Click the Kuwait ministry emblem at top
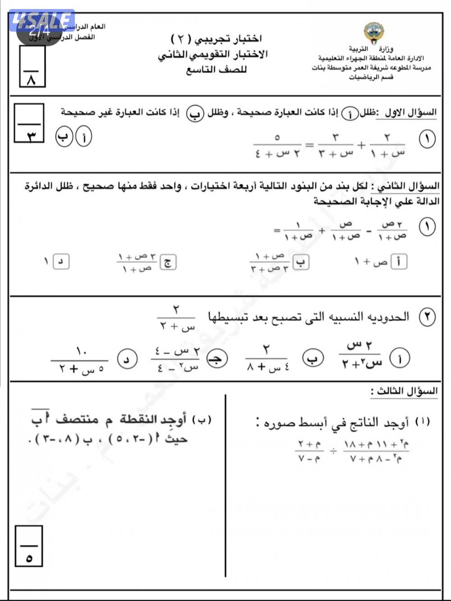coord(373,33)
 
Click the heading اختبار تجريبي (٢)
coord(216,39)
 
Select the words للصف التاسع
coord(216,70)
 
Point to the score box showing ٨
coord(32,67)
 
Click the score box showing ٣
coord(29,123)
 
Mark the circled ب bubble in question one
coord(64,137)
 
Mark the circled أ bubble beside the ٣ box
coord(84,137)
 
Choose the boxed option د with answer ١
coord(61,261)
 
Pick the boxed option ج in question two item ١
coord(169,262)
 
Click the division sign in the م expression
coord(333,452)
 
